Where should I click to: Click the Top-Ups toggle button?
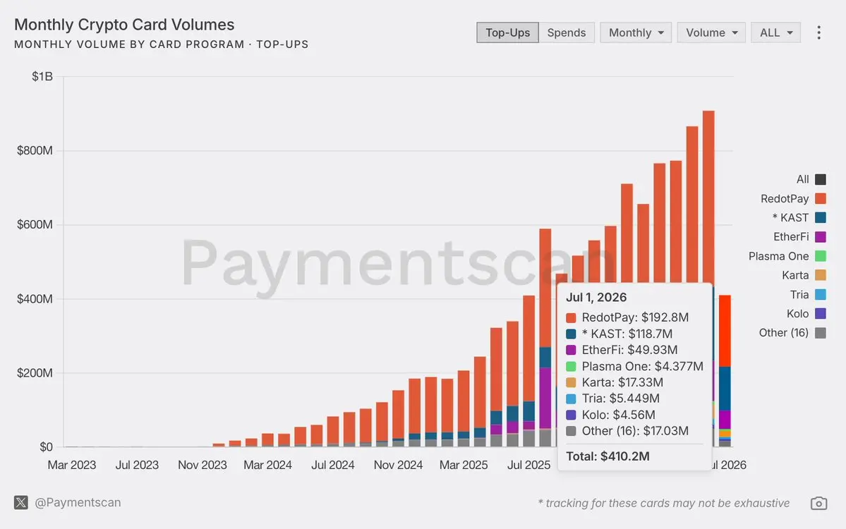tap(507, 32)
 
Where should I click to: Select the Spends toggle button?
tap(567, 32)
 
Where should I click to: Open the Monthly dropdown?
tap(636, 32)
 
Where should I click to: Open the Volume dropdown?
tap(711, 32)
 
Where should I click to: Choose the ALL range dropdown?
tap(776, 32)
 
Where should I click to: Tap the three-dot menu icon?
tap(818, 32)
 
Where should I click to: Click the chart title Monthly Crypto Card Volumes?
tap(124, 25)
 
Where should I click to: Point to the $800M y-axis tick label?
tap(35, 150)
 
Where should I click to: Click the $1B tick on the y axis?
tap(42, 77)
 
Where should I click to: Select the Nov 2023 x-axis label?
tap(203, 465)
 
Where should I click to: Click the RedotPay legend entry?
tap(792, 198)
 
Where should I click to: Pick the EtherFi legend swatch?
tap(821, 237)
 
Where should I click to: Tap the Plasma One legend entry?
tap(787, 256)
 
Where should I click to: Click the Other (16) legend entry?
tap(792, 333)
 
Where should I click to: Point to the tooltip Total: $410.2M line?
tap(608, 456)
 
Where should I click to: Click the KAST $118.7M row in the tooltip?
tap(619, 334)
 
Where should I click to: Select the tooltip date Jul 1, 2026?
tap(596, 297)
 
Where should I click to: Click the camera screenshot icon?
tap(818, 503)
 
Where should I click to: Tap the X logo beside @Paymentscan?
tap(21, 503)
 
